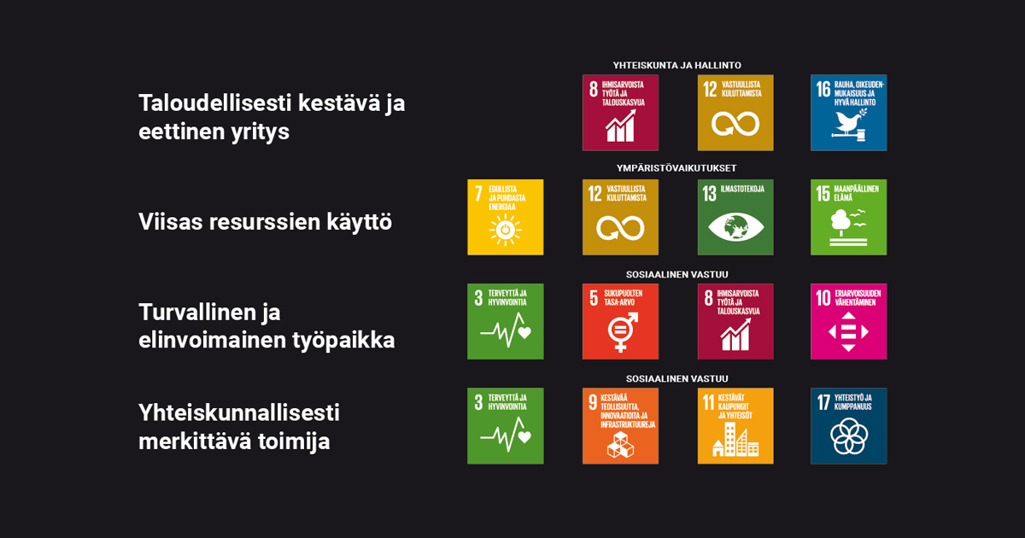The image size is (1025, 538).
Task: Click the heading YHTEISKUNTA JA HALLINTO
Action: pyautogui.click(x=676, y=66)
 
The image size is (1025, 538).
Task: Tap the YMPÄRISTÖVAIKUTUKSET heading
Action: pyautogui.click(x=676, y=168)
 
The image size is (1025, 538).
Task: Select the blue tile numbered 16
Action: pyautogui.click(x=848, y=113)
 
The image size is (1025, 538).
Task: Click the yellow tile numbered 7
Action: pyautogui.click(x=505, y=217)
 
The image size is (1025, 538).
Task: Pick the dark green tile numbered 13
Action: pyautogui.click(x=735, y=217)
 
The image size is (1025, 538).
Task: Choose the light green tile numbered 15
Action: pyautogui.click(x=848, y=217)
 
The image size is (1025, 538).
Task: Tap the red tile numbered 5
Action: pyautogui.click(x=620, y=322)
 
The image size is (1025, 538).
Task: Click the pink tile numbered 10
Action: pyautogui.click(x=848, y=322)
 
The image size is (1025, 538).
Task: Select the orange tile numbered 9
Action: pyautogui.click(x=620, y=426)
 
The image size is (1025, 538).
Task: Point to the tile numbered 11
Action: pyautogui.click(x=735, y=426)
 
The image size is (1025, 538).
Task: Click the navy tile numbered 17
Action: pyautogui.click(x=848, y=426)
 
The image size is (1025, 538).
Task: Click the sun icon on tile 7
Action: pyautogui.click(x=505, y=230)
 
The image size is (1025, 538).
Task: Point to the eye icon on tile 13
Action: pyautogui.click(x=735, y=227)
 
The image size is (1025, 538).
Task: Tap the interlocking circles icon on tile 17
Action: pyautogui.click(x=849, y=436)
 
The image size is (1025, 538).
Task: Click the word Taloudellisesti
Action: pyautogui.click(x=214, y=103)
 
